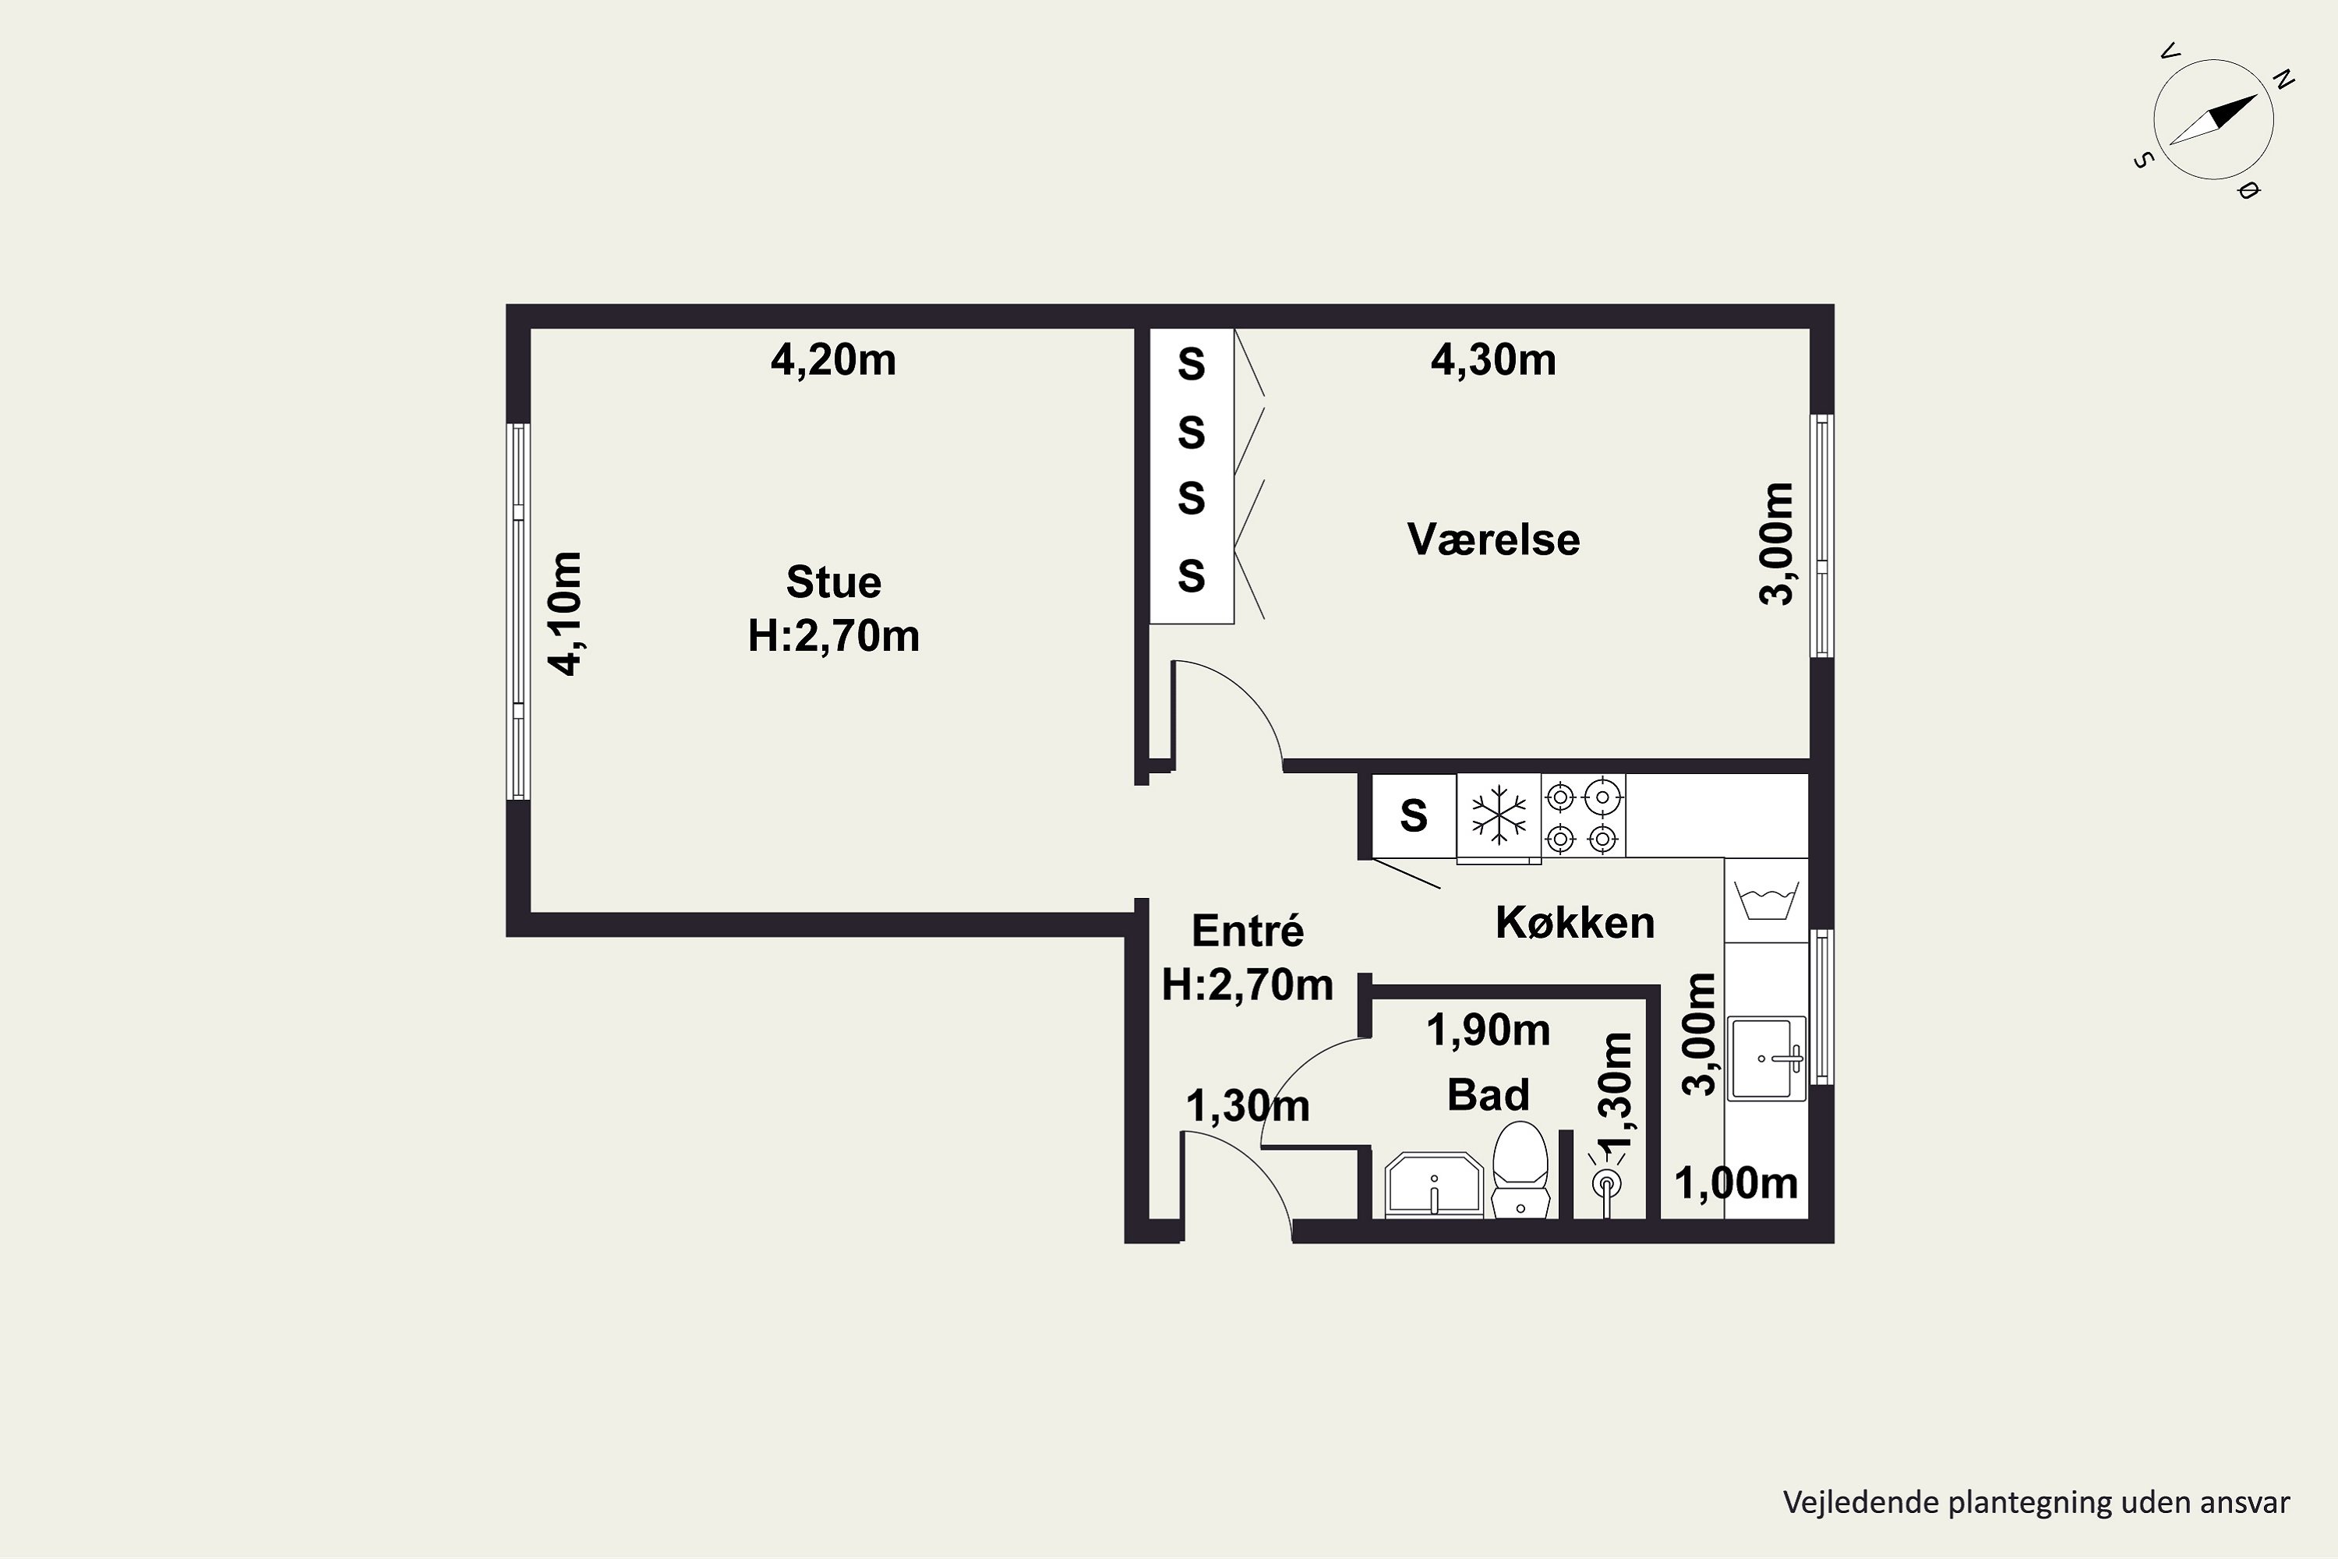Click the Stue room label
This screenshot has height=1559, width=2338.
click(833, 582)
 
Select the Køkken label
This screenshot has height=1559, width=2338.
click(1574, 924)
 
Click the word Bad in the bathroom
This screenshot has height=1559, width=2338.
click(1488, 1094)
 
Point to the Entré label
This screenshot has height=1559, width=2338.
click(1248, 931)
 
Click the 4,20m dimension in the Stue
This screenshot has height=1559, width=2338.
click(833, 360)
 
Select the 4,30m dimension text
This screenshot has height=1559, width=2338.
click(1493, 360)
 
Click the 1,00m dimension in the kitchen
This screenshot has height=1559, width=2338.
click(1736, 1183)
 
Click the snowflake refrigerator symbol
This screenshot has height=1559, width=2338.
click(1499, 815)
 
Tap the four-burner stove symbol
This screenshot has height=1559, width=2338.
click(1584, 816)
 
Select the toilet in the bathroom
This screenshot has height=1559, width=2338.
click(1521, 1168)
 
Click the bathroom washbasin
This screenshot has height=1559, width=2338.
click(1433, 1185)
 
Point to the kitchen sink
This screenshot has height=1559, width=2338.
click(1767, 1058)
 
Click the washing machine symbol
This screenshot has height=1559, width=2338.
click(1767, 900)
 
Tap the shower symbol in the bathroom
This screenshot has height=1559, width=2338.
click(1606, 1183)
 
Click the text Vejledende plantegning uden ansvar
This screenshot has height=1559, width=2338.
click(2037, 1502)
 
